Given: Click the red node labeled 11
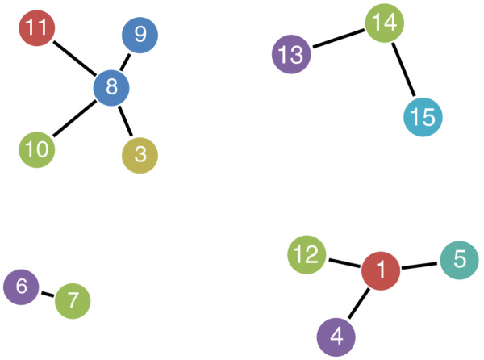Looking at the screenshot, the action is (36, 29).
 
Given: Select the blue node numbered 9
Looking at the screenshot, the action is (140, 35).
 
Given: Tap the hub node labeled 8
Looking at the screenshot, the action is (111, 87).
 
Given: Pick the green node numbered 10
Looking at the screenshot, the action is (36, 149).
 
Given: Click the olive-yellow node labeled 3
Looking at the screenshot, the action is (140, 155).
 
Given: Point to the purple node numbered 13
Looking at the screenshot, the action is (290, 55).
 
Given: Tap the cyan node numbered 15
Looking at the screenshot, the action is (422, 117).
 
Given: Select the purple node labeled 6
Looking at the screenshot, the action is (22, 286).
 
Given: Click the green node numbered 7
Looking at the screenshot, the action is (73, 301).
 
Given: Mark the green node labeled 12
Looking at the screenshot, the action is (307, 256).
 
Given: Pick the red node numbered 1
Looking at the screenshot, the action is (381, 270).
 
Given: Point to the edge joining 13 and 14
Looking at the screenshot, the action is (337, 39).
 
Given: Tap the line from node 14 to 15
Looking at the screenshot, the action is (403, 70).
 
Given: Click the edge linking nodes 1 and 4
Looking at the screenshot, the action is (358, 303).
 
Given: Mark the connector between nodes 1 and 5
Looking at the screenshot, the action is (420, 265).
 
